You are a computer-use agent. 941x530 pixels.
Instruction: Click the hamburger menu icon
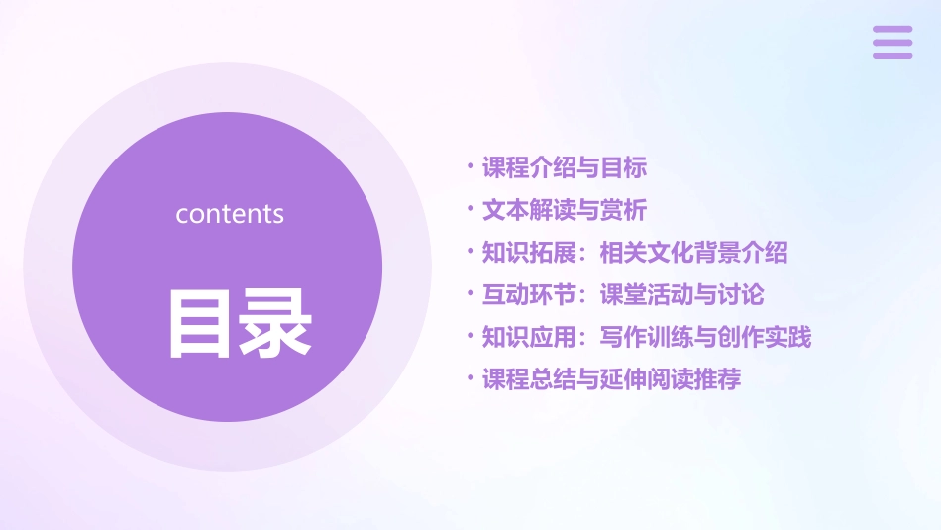pos(892,43)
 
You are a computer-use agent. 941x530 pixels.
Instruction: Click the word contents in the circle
pos(230,214)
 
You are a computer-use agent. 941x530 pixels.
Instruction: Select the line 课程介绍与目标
pos(565,168)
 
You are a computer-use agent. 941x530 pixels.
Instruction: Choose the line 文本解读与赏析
pos(565,211)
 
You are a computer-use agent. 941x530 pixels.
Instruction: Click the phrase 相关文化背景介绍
pos(693,253)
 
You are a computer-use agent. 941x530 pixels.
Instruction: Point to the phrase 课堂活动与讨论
pos(681,295)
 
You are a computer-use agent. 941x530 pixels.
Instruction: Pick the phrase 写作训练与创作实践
pos(705,338)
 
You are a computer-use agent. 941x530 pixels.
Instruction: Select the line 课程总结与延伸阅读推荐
pos(611,379)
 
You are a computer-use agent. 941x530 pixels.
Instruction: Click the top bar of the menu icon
pos(892,30)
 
